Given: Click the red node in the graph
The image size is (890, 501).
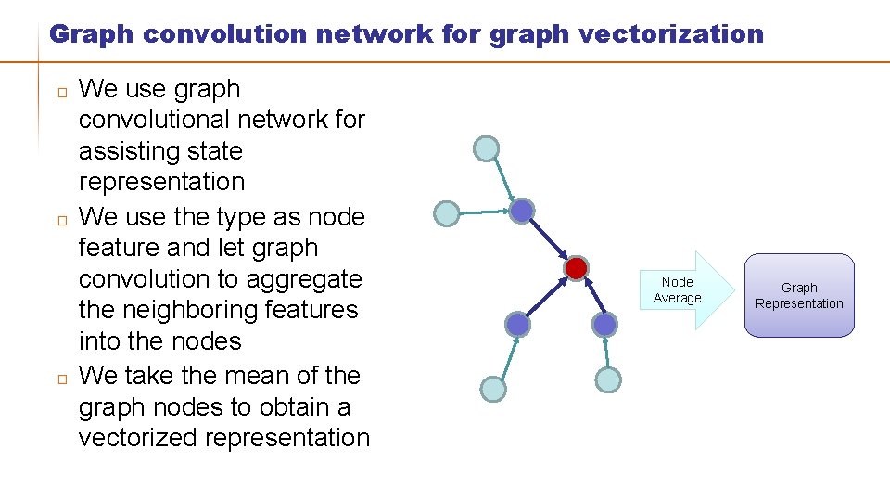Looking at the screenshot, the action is point(576,269).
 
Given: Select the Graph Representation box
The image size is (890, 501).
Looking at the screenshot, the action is point(798,295).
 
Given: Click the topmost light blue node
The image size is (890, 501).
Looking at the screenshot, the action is point(486,148).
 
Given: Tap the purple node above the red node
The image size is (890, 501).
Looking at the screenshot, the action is point(522,212).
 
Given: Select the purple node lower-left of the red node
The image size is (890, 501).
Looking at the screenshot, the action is point(518,324).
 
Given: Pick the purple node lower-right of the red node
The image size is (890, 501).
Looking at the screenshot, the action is point(604,324).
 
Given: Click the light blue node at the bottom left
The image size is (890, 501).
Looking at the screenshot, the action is point(493,389).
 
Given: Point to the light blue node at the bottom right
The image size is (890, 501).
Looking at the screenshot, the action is point(608,379).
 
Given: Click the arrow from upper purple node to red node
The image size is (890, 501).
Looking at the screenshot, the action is point(549,240).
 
